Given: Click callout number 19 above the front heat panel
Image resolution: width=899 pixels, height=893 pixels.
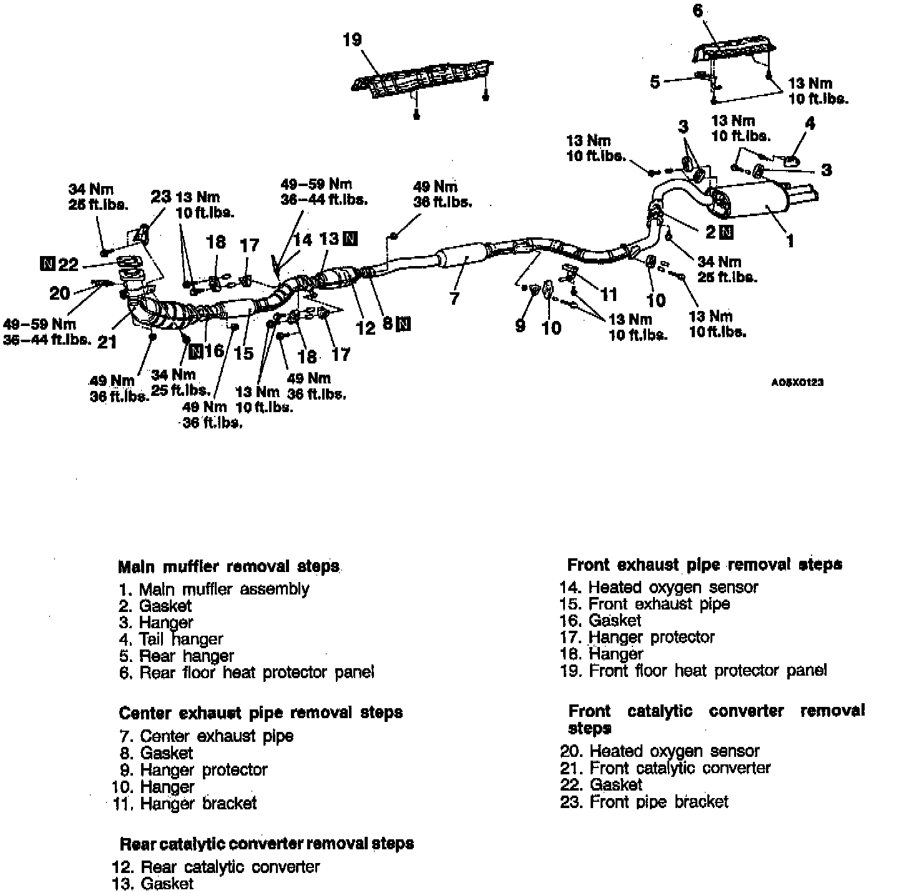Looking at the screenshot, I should (352, 40).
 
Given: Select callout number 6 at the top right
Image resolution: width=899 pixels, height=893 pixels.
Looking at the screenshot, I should (698, 11).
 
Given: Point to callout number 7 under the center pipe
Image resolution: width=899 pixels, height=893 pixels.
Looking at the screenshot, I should (454, 298).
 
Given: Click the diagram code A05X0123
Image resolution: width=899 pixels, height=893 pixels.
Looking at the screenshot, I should (797, 382).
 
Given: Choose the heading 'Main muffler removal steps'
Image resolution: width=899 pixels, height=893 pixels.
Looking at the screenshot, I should (228, 567).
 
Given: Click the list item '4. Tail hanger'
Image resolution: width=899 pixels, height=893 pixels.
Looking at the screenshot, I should (171, 639).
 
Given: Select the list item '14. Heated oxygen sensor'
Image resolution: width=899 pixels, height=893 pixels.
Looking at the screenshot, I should (659, 587).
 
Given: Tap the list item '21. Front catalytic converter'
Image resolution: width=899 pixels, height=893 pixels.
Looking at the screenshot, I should (666, 767).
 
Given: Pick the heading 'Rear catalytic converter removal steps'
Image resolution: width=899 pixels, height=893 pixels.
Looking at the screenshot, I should (267, 844).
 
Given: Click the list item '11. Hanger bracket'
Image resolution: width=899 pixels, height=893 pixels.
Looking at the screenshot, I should (185, 803).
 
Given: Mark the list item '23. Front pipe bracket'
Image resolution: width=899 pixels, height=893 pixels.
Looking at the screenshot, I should (644, 801).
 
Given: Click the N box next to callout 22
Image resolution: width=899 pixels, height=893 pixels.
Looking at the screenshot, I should (47, 264).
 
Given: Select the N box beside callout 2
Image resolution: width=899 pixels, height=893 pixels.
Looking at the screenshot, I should (726, 232).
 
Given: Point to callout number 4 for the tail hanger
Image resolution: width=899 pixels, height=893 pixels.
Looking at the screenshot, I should (810, 123).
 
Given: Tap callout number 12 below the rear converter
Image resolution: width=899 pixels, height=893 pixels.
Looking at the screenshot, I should (365, 328).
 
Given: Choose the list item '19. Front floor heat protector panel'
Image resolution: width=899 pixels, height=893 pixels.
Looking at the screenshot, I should (694, 671).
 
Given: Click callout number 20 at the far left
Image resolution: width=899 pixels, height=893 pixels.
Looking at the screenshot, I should (60, 293).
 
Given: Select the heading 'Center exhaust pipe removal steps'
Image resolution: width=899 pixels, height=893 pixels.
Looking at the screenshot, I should (260, 713).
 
